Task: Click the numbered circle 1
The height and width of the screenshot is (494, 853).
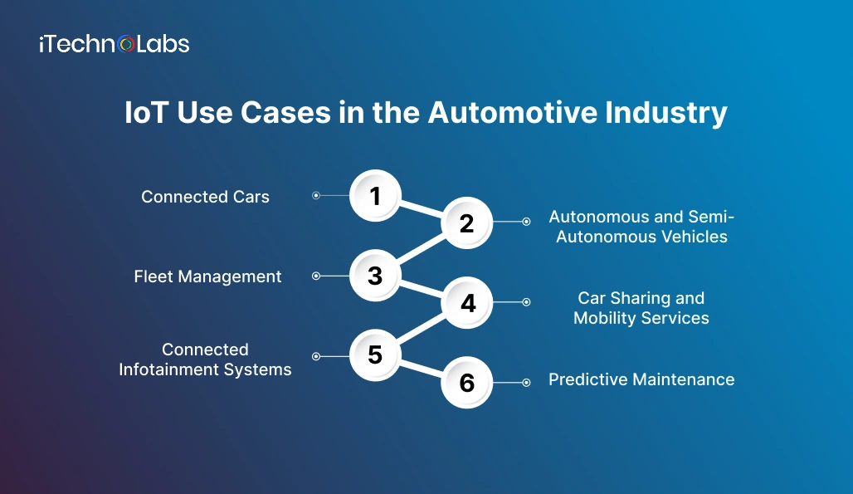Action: tap(375, 196)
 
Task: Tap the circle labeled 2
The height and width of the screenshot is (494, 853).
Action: tap(466, 223)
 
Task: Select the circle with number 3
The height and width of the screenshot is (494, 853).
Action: tap(375, 276)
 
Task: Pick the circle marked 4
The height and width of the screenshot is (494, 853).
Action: tap(467, 302)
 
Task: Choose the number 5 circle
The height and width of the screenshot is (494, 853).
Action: tap(375, 355)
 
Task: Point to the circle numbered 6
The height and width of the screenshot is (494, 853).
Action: tap(466, 383)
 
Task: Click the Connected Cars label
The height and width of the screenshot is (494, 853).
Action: tap(205, 197)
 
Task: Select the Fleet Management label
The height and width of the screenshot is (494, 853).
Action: tap(207, 276)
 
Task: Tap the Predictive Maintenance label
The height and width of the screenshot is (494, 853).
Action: tap(641, 379)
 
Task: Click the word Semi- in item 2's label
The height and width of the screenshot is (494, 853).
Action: tap(713, 217)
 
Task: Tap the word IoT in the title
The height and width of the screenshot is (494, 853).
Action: tap(146, 113)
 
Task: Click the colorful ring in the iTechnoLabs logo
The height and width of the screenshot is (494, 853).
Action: tap(127, 44)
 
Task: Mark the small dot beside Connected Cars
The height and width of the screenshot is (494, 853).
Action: tap(315, 196)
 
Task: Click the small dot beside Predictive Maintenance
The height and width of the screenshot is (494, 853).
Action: tap(526, 383)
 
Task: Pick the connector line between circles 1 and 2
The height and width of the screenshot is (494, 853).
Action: tap(422, 209)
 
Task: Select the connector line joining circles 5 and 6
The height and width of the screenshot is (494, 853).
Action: tap(422, 369)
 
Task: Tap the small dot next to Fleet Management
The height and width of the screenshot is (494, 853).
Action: tap(315, 276)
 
